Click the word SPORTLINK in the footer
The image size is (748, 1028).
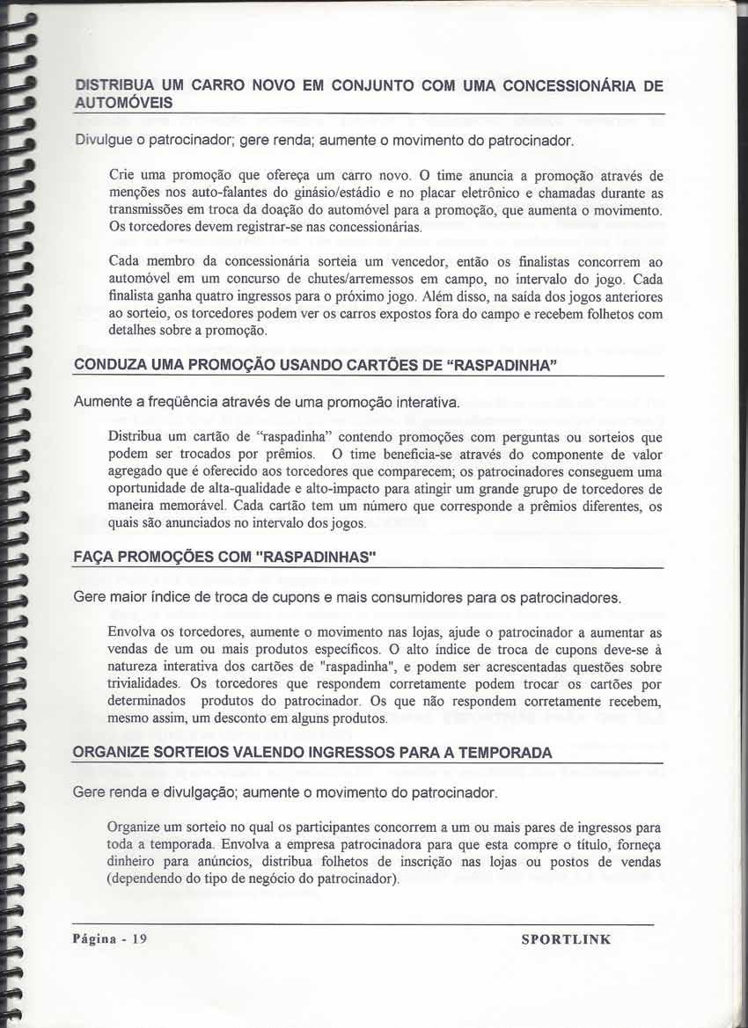tap(566, 939)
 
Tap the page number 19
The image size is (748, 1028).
tap(139, 938)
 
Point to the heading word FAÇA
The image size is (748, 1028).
tap(96, 558)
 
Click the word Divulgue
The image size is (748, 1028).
tap(100, 141)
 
